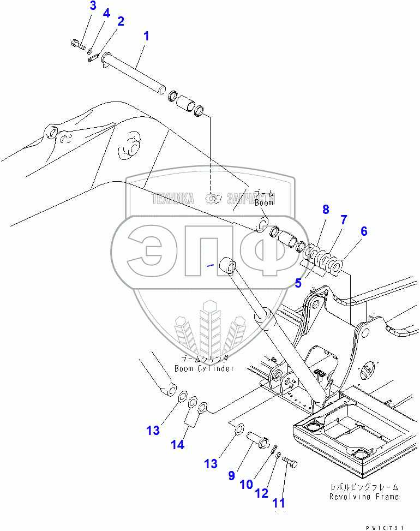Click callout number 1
[146, 37]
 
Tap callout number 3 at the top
[93, 6]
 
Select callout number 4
[106, 13]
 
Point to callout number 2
[120, 22]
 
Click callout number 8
[326, 209]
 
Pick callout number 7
[344, 220]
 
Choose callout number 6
[363, 231]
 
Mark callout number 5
[298, 283]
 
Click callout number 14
[177, 445]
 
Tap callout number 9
[231, 475]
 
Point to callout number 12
[262, 493]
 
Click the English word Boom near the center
[264, 202]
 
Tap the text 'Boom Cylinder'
[204, 368]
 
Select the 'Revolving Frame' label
[364, 497]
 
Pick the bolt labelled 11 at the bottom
[291, 464]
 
